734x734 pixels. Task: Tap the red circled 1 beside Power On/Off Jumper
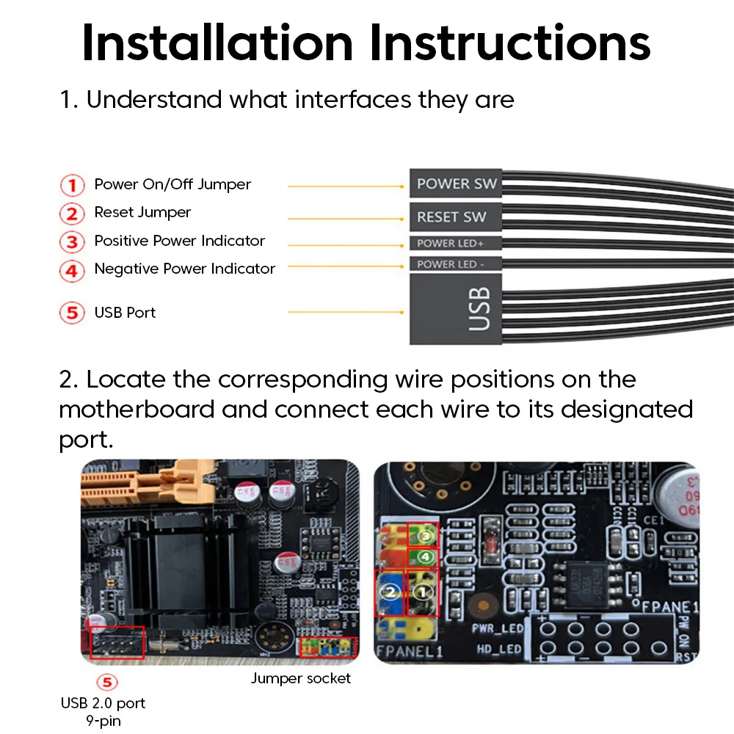coord(72,185)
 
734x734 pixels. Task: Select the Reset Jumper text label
coord(142,213)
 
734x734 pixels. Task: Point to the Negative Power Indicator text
coord(184,269)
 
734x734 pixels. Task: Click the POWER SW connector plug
coord(456,183)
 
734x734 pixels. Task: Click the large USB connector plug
coord(456,308)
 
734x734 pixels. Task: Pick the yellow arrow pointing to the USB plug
coord(345,313)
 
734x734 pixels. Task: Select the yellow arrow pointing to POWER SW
coord(345,186)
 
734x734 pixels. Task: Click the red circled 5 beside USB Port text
coord(72,313)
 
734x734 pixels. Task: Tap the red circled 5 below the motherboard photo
coord(107,683)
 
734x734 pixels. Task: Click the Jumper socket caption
coord(301,678)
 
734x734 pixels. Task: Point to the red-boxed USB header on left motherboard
coord(117,642)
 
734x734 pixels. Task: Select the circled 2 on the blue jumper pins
coord(390,591)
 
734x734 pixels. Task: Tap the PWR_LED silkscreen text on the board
coord(497,628)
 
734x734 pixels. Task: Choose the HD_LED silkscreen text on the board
coord(499,649)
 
